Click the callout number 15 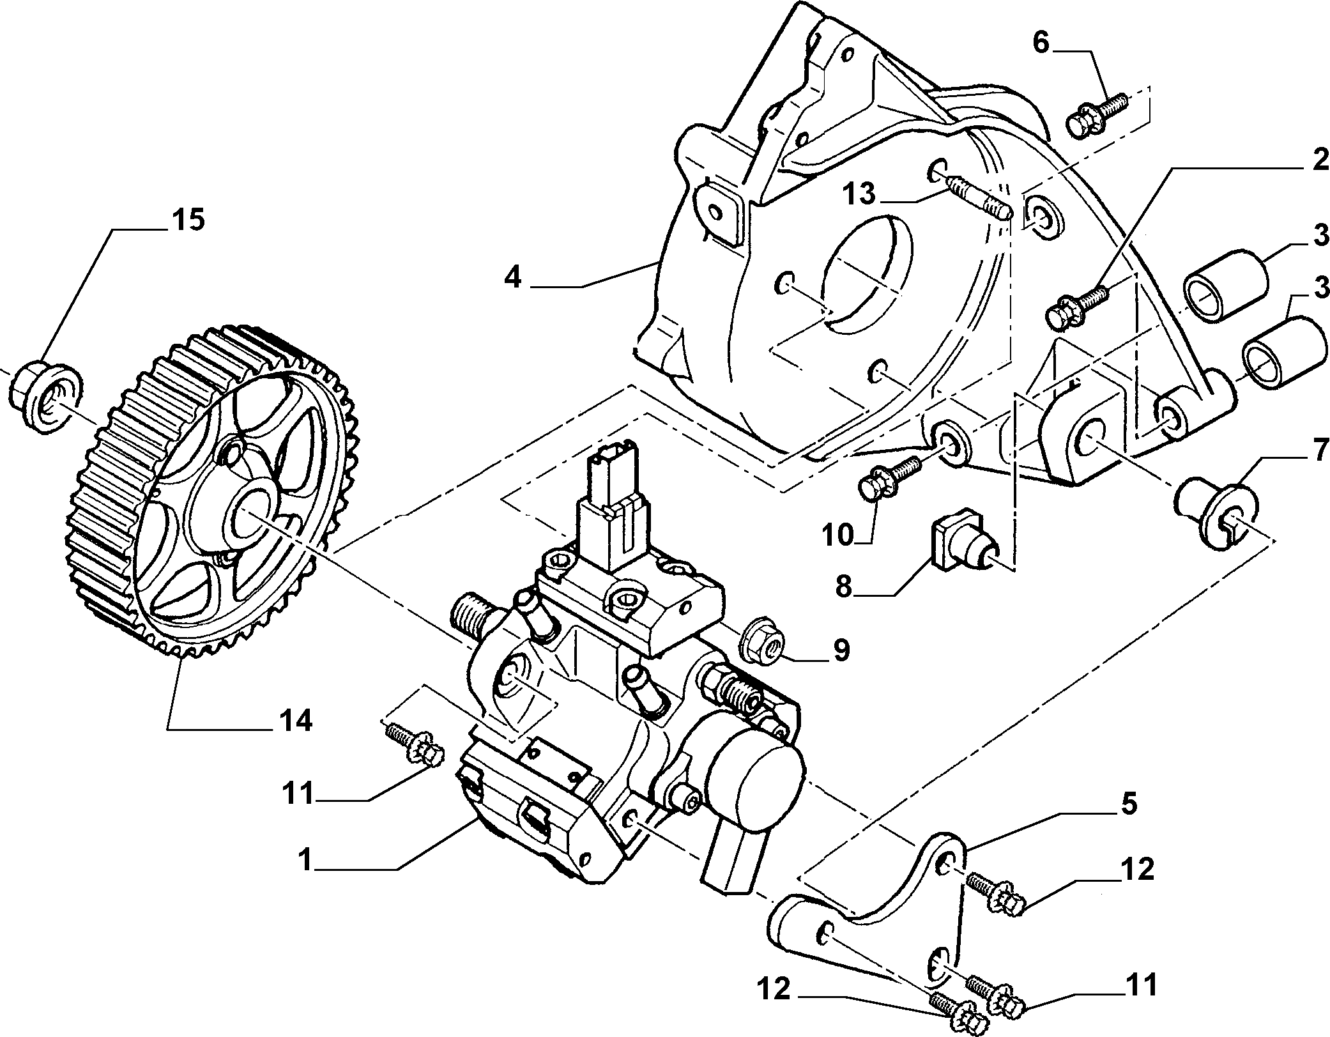187,220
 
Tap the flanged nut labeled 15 45,398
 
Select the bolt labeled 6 1098,116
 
